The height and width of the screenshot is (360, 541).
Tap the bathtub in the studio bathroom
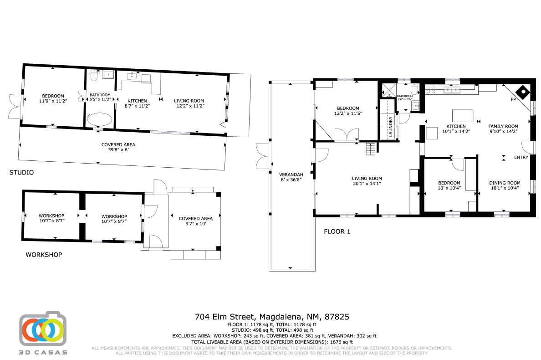[x=100, y=120]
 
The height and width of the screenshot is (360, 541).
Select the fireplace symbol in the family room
[x=524, y=92]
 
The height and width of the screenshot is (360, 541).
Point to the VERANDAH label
[x=291, y=175]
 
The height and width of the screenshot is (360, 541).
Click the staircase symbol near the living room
[x=372, y=149]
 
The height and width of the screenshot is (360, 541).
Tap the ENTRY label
[x=521, y=158]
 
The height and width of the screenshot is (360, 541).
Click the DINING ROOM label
[x=504, y=183]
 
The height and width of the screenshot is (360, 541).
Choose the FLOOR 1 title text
[x=337, y=231]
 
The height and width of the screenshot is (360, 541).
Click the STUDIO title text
[x=21, y=173]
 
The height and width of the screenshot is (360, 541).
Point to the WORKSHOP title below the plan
[x=43, y=255]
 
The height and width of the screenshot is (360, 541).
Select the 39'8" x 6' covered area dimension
[x=118, y=150]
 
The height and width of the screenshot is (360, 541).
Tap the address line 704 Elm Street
[x=272, y=316]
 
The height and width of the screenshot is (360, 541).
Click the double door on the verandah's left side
[x=263, y=155]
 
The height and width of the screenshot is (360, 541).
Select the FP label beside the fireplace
[x=513, y=99]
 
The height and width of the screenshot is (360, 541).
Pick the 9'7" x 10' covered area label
[x=195, y=224]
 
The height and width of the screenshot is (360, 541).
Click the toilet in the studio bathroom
[x=94, y=75]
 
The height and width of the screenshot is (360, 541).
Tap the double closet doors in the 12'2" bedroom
[x=346, y=135]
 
